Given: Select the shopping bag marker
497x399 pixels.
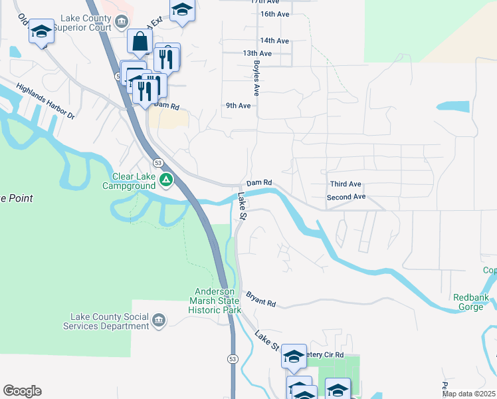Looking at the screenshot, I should [140, 42].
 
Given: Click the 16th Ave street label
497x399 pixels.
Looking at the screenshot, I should [274, 14].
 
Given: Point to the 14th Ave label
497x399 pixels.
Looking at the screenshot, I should [274, 41].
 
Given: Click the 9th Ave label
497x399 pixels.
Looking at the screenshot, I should [238, 106].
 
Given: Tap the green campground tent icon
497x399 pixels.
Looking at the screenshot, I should [166, 180].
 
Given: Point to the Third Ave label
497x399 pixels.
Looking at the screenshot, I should [345, 184].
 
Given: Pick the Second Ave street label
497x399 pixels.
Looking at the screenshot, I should [346, 198].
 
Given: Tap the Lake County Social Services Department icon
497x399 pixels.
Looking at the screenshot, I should [159, 321].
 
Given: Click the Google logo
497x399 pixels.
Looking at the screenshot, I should [22, 391].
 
